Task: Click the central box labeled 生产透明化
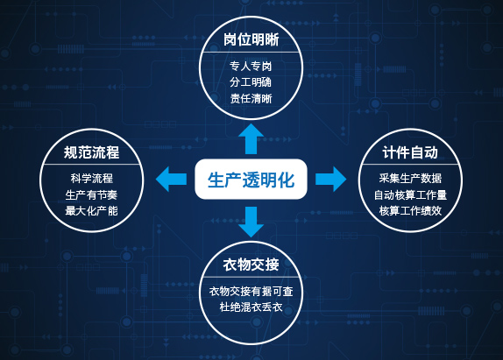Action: coord(251,180)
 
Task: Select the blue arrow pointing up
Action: coord(251,138)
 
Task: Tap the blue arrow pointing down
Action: coord(251,222)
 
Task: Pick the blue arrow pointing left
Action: coord(171,180)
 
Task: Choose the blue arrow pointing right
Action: coord(330,180)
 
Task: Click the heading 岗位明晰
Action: coord(251,39)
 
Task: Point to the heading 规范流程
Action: coord(91,152)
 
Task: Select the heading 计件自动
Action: coord(410,152)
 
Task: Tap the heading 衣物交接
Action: coord(251,265)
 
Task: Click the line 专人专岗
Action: coord(251,66)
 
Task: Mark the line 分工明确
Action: coord(251,82)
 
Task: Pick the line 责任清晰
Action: coord(251,98)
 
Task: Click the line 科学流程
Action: coord(92,178)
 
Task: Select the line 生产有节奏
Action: coord(91,194)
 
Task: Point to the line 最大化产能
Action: coord(91,211)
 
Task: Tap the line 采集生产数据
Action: coord(410,178)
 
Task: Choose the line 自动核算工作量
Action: coord(410,194)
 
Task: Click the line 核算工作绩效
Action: coord(410,211)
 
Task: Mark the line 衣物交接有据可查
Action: coord(251,291)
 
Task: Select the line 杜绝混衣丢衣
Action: coord(251,307)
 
